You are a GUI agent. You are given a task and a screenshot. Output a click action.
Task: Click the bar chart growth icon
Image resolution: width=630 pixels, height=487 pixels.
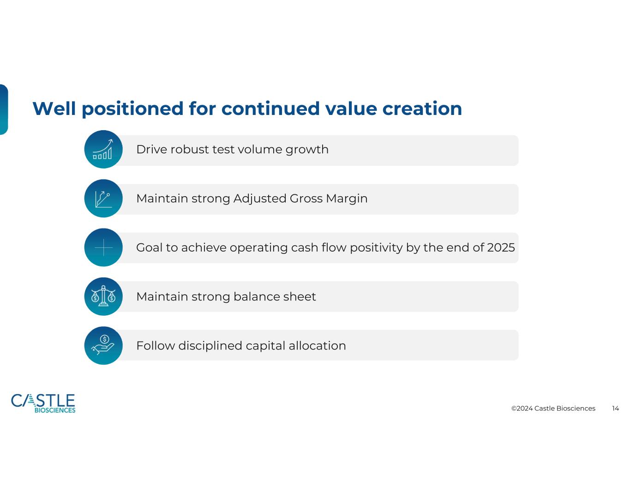coord(103,149)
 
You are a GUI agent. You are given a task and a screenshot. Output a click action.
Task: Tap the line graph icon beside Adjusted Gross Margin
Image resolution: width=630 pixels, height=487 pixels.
coord(103,198)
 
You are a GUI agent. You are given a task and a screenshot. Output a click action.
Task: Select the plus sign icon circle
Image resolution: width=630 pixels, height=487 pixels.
coord(103,247)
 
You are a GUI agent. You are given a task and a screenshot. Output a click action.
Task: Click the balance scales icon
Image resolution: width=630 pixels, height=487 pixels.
coord(103,296)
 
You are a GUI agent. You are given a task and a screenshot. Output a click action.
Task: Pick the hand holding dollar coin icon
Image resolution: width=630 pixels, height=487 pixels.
coord(103,345)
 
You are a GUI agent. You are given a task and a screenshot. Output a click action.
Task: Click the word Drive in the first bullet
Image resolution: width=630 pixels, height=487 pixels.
coord(152,150)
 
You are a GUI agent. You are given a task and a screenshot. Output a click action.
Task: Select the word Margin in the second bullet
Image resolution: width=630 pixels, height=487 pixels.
coord(347,199)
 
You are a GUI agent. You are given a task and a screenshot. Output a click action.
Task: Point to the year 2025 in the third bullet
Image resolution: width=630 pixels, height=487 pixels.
coord(501,247)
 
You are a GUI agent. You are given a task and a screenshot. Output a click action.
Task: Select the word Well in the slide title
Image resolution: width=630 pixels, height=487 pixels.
coord(54,108)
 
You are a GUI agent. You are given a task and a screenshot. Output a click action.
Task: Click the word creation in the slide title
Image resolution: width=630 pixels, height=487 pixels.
coord(422,109)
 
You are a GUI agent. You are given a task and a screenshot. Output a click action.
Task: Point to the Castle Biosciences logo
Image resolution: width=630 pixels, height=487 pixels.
coord(43,403)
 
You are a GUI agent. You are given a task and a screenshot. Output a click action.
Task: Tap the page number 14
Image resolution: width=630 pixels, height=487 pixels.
coord(615,409)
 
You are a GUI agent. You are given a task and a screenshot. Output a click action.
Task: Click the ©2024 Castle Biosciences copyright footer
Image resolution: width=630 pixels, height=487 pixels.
coord(553,409)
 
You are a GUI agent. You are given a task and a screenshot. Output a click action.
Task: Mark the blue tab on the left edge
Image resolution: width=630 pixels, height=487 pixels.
coord(4,109)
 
